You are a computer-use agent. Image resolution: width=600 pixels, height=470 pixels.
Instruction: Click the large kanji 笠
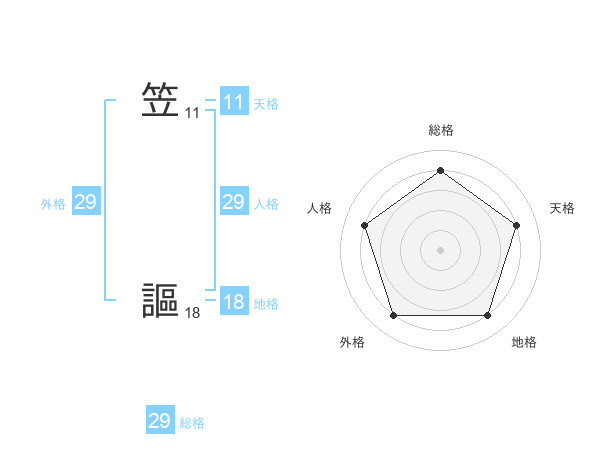tap(160, 101)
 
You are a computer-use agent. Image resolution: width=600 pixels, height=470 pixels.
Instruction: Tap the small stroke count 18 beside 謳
tap(192, 313)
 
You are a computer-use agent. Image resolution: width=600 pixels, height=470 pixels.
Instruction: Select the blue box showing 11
tap(233, 101)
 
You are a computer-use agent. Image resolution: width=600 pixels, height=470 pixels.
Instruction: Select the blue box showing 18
tap(233, 301)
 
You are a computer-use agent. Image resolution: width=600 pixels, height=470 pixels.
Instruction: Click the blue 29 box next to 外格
tap(85, 202)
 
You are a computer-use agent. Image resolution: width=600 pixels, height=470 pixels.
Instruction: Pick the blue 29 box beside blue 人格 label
tap(233, 202)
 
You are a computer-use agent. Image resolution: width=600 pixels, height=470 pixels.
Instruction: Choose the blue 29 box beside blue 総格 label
tap(159, 421)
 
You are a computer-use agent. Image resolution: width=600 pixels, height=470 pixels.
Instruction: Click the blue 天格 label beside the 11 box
tap(266, 103)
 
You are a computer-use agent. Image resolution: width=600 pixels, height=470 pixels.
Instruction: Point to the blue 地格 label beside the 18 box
tap(266, 303)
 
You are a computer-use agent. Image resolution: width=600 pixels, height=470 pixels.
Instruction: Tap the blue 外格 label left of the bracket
tap(53, 203)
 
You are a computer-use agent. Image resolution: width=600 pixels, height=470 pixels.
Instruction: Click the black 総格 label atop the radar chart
tap(440, 130)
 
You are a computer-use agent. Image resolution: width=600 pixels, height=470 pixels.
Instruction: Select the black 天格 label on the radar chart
tap(562, 208)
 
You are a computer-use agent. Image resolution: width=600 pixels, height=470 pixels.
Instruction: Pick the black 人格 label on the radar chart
tap(320, 208)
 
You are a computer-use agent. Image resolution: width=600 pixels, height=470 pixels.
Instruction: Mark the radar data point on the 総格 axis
tap(440, 170)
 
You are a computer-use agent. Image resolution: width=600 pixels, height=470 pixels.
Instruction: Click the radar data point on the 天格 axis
tap(516, 225)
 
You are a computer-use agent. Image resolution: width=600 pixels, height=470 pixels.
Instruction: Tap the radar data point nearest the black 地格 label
tap(487, 315)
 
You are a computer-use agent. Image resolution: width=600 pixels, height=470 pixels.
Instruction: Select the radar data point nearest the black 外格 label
tap(393, 315)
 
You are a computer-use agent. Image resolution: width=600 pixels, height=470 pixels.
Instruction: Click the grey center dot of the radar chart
tap(440, 250)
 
